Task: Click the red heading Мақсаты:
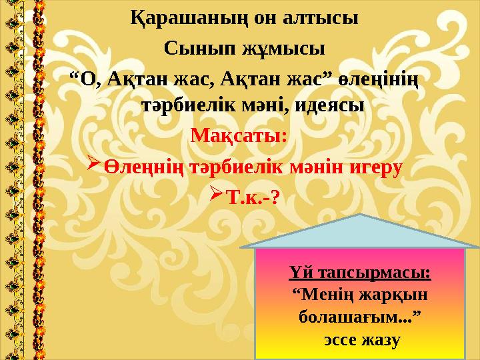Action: [x=239, y=136]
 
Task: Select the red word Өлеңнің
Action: [x=143, y=167]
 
